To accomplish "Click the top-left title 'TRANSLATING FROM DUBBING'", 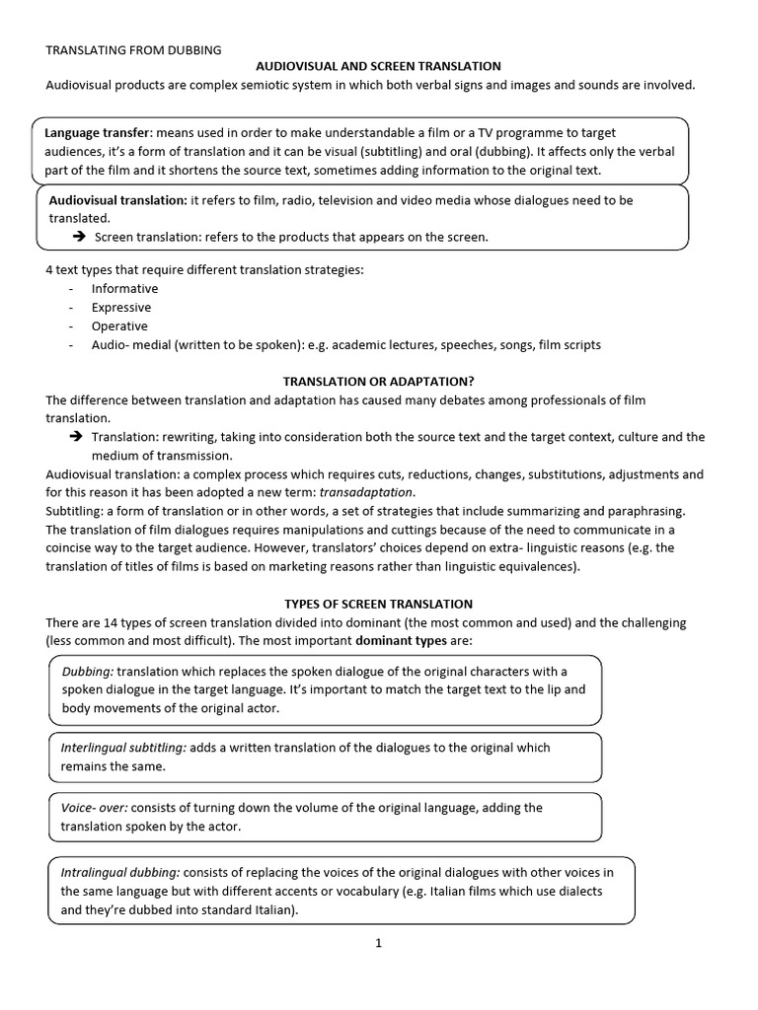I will (133, 48).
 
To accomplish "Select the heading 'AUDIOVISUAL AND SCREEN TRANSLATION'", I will (378, 66).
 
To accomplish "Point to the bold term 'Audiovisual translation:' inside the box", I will (117, 200).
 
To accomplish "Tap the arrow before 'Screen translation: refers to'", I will (79, 238).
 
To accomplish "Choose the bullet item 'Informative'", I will (124, 289).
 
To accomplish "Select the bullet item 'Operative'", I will (119, 326).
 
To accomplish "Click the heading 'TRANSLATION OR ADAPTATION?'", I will (378, 381).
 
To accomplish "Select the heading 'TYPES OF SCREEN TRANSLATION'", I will (378, 604).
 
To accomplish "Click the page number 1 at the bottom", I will (378, 943).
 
